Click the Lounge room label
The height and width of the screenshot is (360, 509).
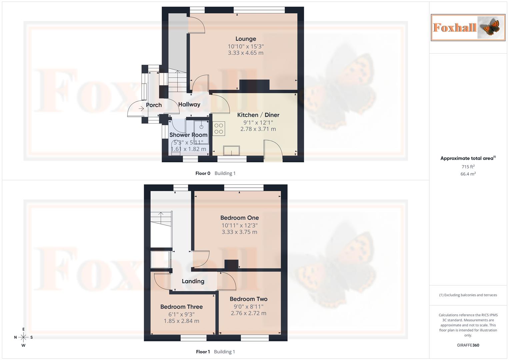pyautogui.click(x=246, y=39)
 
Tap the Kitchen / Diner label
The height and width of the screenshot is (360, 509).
pyautogui.click(x=258, y=115)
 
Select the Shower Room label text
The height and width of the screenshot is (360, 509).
pyautogui.click(x=188, y=135)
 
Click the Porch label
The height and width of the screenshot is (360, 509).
pyautogui.click(x=154, y=105)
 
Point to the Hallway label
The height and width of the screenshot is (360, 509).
pyautogui.click(x=189, y=104)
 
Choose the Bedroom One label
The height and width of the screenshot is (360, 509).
pyautogui.click(x=239, y=218)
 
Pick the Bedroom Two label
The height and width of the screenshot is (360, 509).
pyautogui.click(x=248, y=299)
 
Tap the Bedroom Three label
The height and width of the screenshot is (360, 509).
pyautogui.click(x=181, y=307)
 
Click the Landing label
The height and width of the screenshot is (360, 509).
pyautogui.click(x=193, y=281)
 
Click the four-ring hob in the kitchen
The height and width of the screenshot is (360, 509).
pyautogui.click(x=219, y=129)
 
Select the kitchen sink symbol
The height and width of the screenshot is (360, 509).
pyautogui.click(x=232, y=151)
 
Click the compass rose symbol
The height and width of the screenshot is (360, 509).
pyautogui.click(x=23, y=337)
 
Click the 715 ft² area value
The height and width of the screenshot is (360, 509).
pyautogui.click(x=468, y=167)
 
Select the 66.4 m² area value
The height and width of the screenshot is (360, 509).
pyautogui.click(x=468, y=174)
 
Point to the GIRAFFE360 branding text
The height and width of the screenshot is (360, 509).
pyautogui.click(x=468, y=345)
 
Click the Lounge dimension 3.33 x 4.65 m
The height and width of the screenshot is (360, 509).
pyautogui.click(x=246, y=53)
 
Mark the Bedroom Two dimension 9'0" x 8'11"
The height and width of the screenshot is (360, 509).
pyautogui.click(x=248, y=307)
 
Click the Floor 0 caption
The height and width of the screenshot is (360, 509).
pyautogui.click(x=203, y=173)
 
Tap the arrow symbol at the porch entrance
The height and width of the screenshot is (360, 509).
pyautogui.click(x=141, y=109)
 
